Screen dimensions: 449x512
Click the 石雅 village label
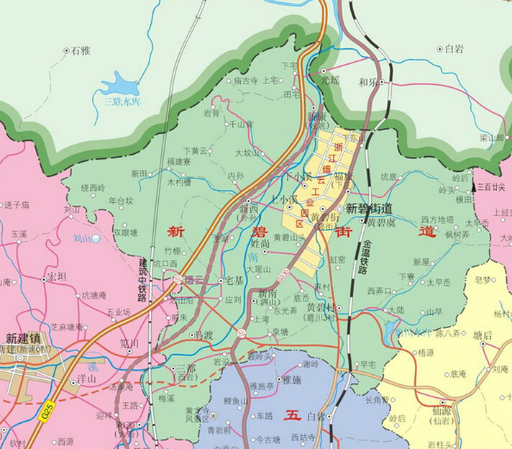(x=81, y=50)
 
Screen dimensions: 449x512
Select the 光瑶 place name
(x=330, y=81)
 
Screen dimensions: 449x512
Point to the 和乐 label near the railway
(x=367, y=81)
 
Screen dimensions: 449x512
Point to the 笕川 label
(x=129, y=343)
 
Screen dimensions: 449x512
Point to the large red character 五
(x=291, y=414)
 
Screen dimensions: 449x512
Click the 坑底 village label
(x=388, y=176)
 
